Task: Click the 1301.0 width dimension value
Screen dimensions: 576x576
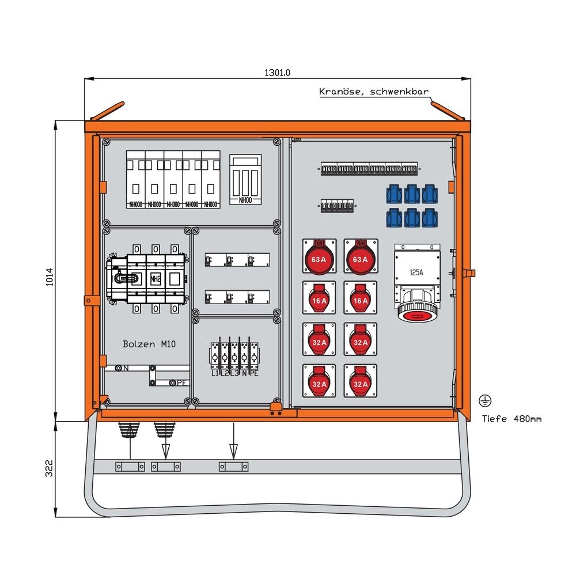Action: click(278, 73)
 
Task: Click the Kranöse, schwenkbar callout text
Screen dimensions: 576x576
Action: click(374, 92)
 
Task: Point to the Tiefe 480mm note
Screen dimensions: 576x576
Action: click(511, 419)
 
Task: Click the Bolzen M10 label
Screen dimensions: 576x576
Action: click(149, 344)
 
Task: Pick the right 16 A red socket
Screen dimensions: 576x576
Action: click(361, 297)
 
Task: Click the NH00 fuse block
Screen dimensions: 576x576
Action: click(245, 179)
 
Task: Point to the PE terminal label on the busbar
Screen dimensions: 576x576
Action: click(181, 382)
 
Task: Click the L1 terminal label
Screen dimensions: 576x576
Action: click(214, 374)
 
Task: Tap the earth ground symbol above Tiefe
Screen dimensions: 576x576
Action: click(485, 401)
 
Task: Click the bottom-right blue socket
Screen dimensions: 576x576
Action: click(429, 218)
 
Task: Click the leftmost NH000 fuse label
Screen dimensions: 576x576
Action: click(137, 204)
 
